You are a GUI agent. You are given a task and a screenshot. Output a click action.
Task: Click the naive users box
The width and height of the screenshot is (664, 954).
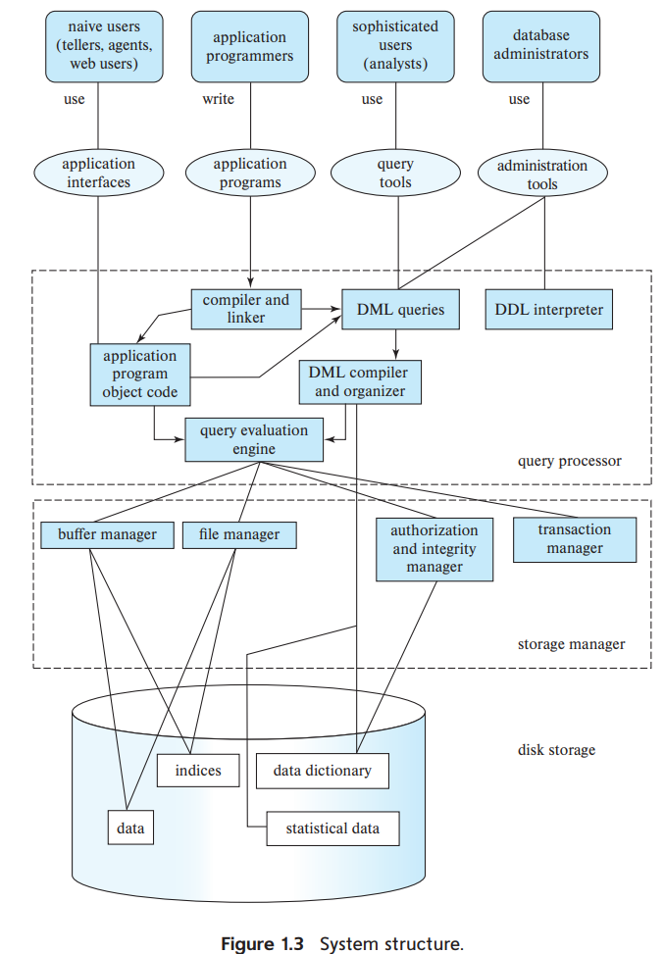104,46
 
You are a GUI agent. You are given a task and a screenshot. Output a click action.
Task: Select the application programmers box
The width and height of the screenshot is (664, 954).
249,46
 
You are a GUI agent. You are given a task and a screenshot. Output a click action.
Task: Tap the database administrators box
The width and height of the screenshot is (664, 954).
541,46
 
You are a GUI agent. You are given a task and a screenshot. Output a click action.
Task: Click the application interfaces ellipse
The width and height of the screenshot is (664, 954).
99,173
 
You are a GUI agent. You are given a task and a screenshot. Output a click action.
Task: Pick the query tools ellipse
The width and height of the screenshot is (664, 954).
395,173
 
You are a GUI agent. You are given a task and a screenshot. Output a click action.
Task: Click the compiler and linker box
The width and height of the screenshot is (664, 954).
246,309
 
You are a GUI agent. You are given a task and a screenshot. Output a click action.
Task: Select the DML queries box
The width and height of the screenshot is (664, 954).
400,309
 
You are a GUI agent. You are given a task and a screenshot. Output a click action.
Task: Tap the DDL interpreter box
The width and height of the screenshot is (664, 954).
549,309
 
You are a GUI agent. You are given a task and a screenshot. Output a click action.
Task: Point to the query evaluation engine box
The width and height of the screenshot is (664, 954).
254,439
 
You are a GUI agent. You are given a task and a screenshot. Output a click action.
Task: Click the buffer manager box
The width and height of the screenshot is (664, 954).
107,534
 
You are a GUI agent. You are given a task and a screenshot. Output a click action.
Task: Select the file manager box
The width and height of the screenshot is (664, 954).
239,534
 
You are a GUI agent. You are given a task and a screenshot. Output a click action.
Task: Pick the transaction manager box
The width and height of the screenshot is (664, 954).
575,539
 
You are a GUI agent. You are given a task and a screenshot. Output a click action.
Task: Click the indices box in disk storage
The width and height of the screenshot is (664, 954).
198,771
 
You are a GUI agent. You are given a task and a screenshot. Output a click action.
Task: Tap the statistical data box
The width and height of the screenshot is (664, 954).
332,828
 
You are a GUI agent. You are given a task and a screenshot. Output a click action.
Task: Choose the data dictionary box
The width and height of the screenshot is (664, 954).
323,771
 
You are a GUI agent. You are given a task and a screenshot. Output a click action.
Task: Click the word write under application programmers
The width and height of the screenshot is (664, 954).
219,99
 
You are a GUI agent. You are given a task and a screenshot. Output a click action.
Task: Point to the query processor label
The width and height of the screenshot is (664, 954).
570,461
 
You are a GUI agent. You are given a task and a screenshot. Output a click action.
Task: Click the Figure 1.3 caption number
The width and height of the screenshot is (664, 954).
262,943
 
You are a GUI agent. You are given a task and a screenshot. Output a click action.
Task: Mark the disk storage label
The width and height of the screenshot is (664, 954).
556,750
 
